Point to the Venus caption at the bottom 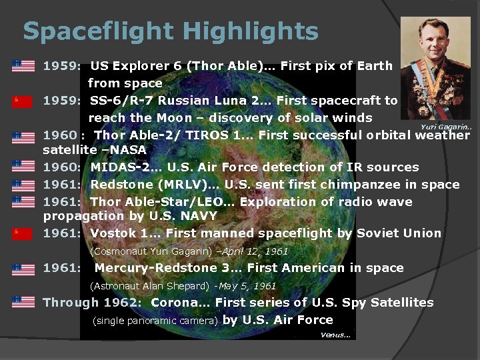pos(335,335)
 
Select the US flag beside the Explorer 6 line pos(23,66)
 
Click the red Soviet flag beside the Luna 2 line pos(23,101)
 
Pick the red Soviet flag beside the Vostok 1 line pos(23,233)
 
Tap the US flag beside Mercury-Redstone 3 pos(23,269)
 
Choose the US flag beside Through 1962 pos(23,302)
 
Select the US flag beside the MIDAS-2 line pos(23,166)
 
